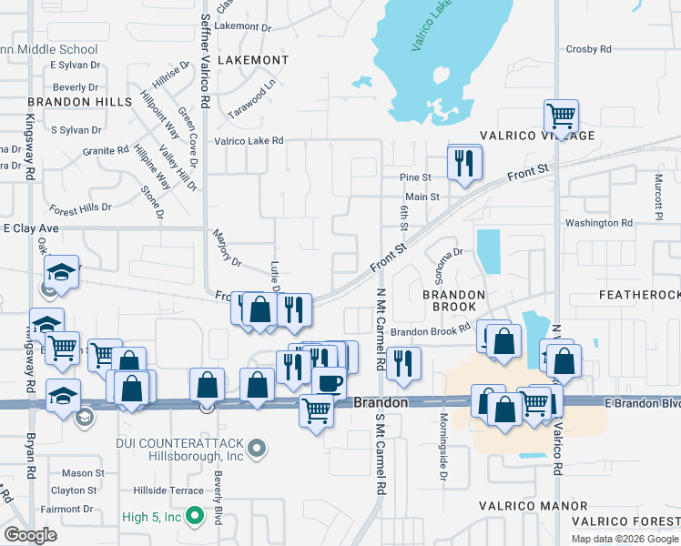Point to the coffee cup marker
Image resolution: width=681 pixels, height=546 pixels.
point(329,382)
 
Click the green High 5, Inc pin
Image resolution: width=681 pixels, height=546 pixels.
point(193,517)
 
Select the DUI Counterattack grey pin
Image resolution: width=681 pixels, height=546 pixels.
point(258,447)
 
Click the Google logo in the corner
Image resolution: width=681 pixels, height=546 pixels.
point(30,535)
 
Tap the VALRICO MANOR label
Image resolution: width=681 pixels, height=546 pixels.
point(534,505)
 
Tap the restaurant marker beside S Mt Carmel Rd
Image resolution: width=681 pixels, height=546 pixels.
point(402,363)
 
